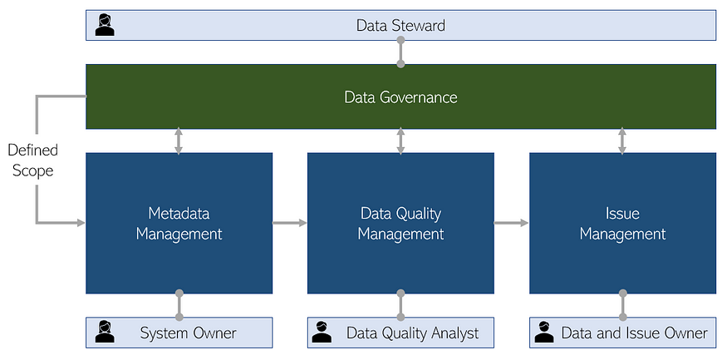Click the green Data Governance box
(400, 96)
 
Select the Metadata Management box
(179, 223)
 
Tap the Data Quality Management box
(400, 223)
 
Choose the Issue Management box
(622, 223)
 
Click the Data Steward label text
(400, 25)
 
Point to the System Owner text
(189, 333)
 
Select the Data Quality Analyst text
(413, 333)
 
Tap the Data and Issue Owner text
(634, 333)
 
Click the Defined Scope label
(33, 160)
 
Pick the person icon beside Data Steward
(105, 25)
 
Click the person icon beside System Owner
(105, 333)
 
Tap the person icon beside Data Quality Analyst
(322, 333)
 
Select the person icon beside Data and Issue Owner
(544, 333)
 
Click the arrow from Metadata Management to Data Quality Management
(290, 223)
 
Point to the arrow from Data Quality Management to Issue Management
(512, 223)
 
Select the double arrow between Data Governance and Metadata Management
(179, 141)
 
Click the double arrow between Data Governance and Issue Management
(622, 141)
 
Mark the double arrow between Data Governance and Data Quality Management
(400, 141)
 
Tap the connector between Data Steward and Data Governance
(401, 52)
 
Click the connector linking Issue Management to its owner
(622, 305)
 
